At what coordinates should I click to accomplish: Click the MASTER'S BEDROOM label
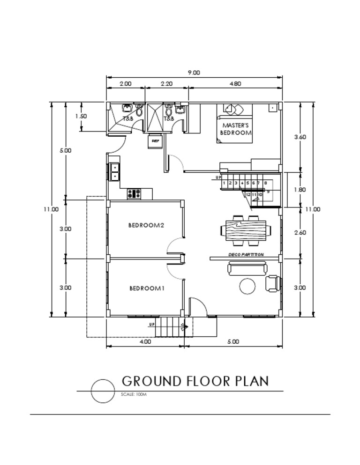coord(236,129)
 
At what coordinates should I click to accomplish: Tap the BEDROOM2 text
coord(146,225)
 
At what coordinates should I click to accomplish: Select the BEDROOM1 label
coord(147,288)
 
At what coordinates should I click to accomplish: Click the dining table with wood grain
coord(246,230)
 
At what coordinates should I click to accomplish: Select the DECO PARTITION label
coord(246,255)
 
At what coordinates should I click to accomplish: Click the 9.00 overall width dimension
coord(194,73)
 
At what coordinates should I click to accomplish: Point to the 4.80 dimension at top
coord(235,84)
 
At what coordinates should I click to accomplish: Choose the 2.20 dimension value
coord(166,84)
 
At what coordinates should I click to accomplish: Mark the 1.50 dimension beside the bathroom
coord(81,116)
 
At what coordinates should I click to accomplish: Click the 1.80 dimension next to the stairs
coord(300,190)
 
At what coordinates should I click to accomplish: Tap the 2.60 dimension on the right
coord(300,232)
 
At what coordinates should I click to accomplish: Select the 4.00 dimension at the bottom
coord(145,342)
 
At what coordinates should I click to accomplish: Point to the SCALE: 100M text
coord(134,395)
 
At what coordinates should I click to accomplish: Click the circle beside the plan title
coord(103,391)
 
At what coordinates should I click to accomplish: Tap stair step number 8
coord(265,183)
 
